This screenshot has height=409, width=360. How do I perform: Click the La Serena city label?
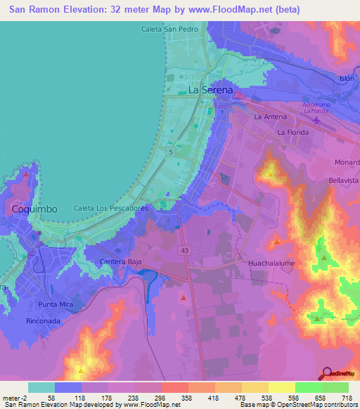coord(211,91)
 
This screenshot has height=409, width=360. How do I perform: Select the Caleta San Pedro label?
coord(169,29)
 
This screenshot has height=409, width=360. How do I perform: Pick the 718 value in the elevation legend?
coord(346,398)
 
